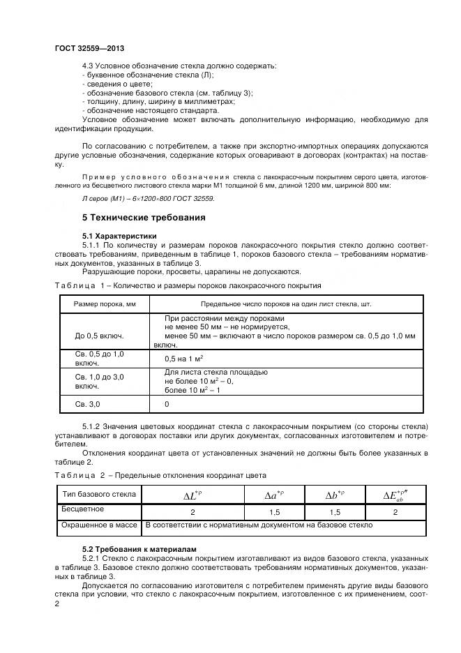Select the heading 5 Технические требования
[x=144, y=218]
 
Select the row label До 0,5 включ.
[x=99, y=336]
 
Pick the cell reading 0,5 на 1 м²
[x=183, y=359]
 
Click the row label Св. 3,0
[x=88, y=404]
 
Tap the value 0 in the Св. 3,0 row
[x=167, y=404]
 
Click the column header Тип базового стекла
[x=98, y=495]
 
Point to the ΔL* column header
[x=192, y=495]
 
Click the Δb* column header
[x=336, y=495]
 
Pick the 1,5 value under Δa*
[x=275, y=512]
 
